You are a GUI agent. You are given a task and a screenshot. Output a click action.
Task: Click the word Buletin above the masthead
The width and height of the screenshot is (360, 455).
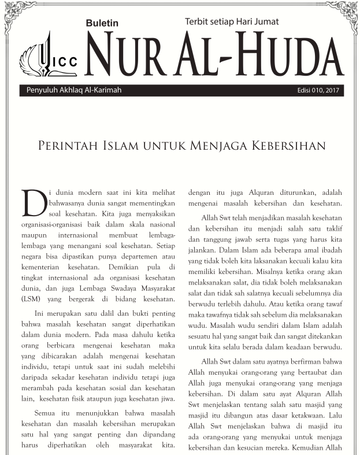[102, 24]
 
